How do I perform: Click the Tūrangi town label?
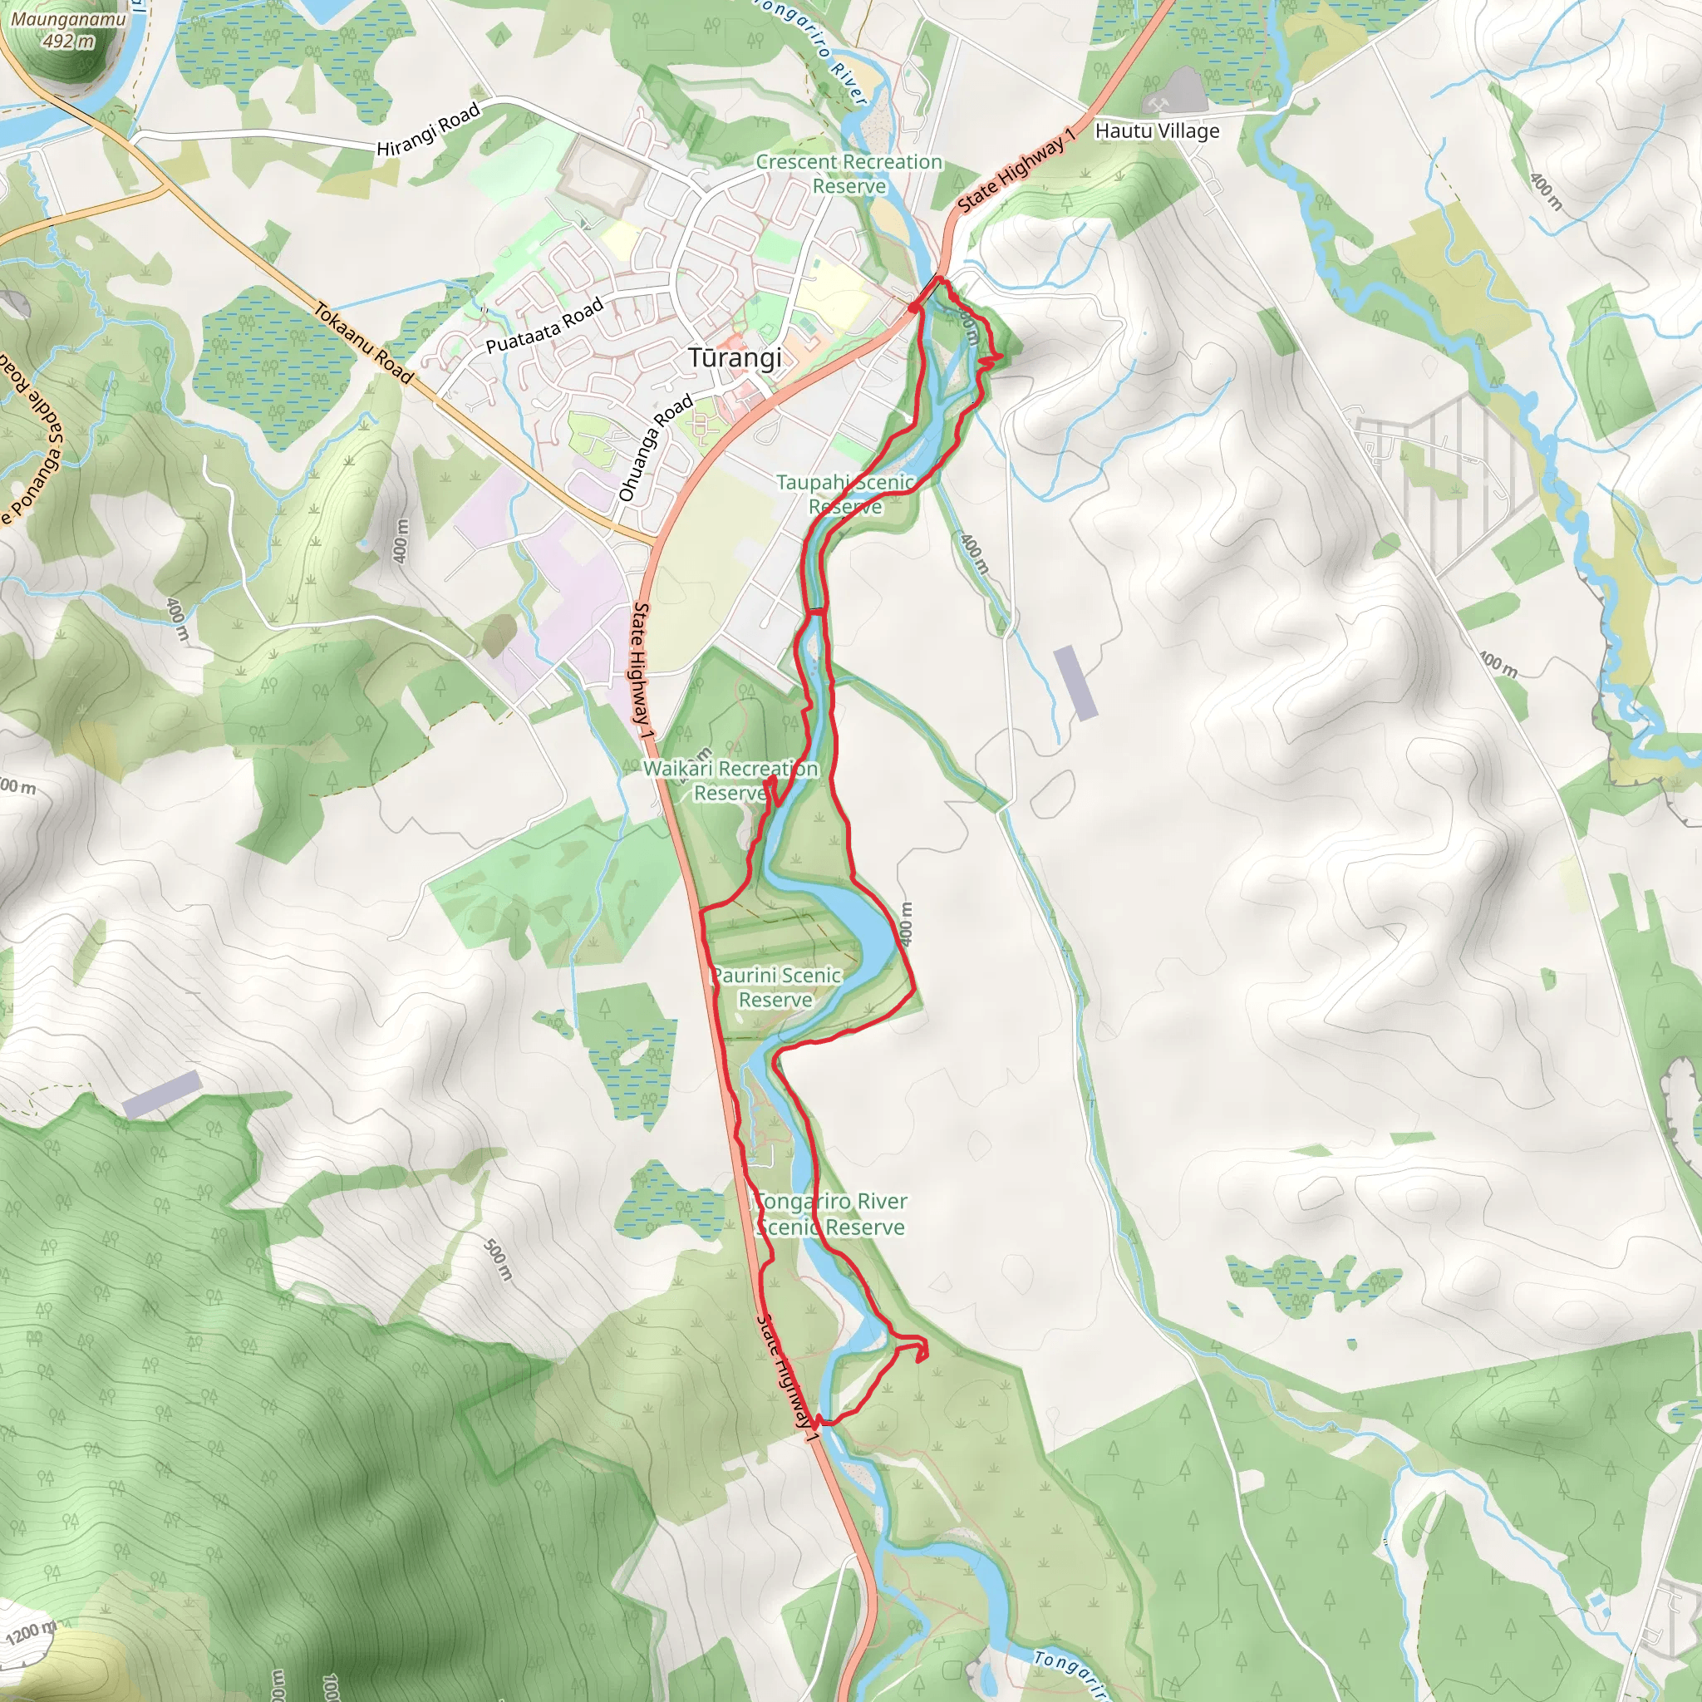735,358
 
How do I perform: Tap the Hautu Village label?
1157,131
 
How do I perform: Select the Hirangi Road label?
428,130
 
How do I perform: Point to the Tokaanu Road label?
364,343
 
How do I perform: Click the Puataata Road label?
544,325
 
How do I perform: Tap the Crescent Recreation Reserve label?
849,174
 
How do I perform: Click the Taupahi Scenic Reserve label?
845,494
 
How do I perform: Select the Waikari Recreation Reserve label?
730,780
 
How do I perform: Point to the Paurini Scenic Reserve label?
776,987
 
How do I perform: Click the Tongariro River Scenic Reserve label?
831,1214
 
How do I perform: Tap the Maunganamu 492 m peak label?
68,30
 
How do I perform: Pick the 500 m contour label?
498,1260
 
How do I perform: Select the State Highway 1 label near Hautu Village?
1016,170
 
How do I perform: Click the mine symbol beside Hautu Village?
1158,106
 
